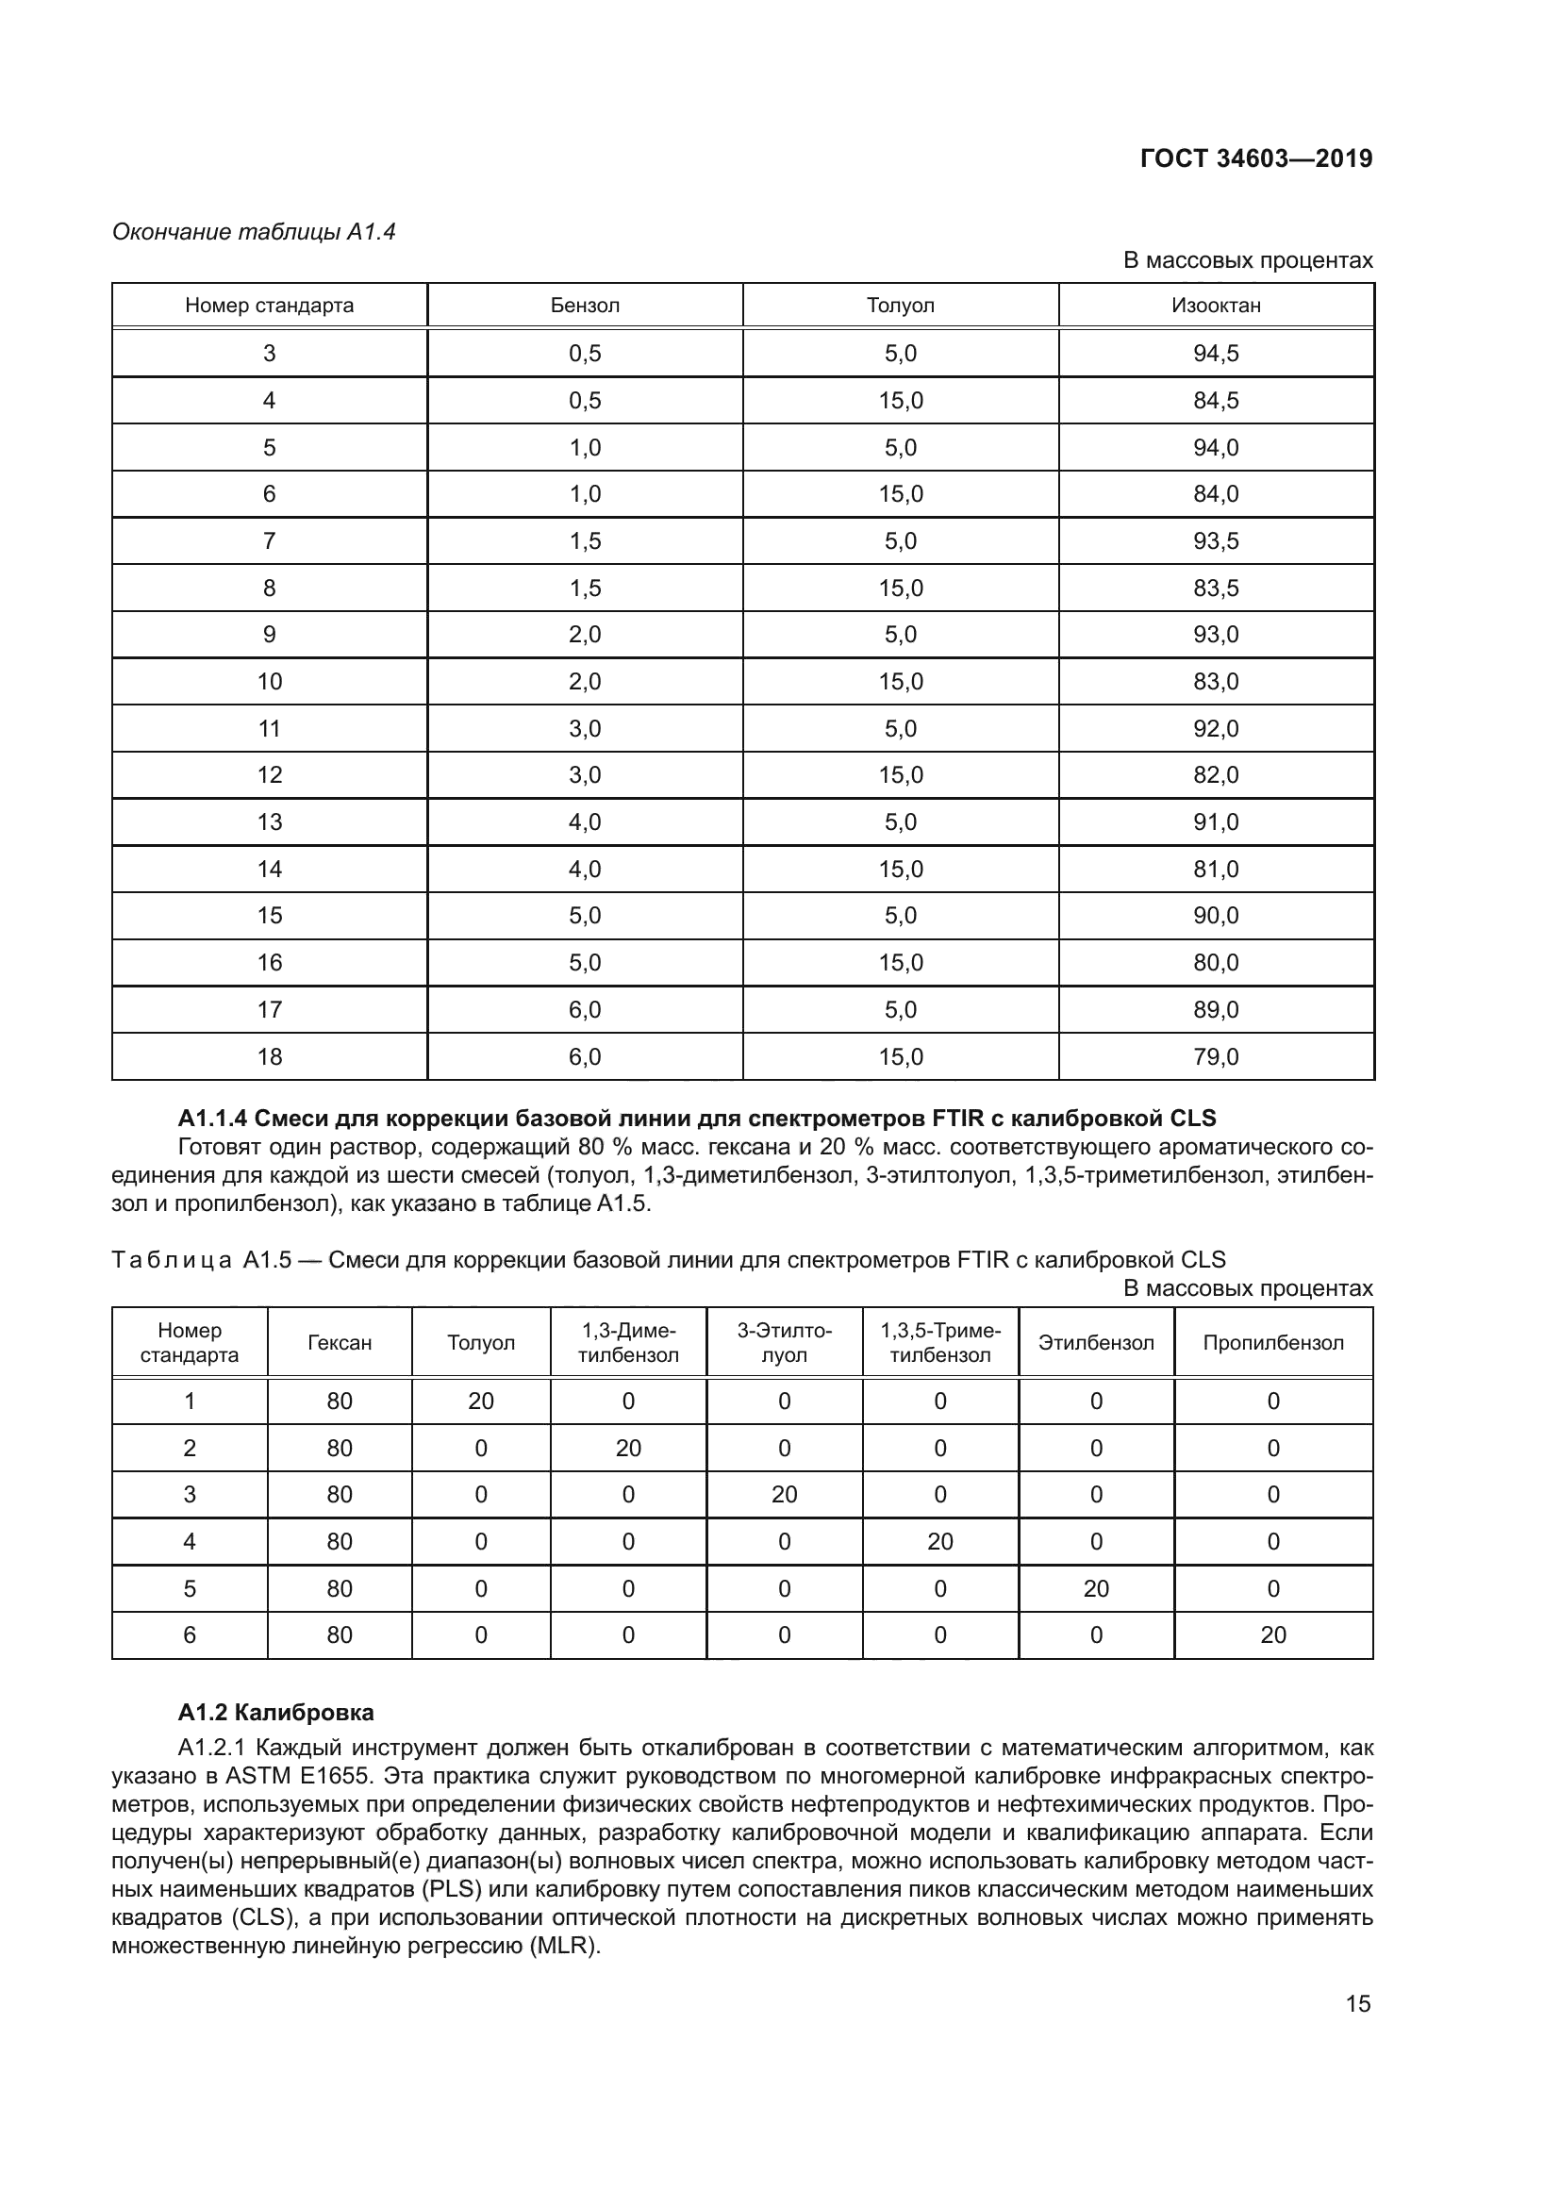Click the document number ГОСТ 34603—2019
1255,158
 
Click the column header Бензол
584,306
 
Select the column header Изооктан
1215,306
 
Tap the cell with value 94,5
1215,354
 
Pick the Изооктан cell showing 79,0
1215,1057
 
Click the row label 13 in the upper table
269,821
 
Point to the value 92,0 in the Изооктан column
1215,728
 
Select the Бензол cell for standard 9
584,634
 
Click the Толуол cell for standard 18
900,1057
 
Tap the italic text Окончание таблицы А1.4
254,232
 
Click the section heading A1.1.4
696,1118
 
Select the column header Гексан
340,1342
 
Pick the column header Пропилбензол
1272,1342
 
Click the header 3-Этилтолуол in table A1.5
784,1342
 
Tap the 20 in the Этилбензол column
1096,1588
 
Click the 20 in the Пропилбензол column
1272,1634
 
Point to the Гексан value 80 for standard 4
340,1541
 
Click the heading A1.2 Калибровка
275,1712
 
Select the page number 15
1357,2003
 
